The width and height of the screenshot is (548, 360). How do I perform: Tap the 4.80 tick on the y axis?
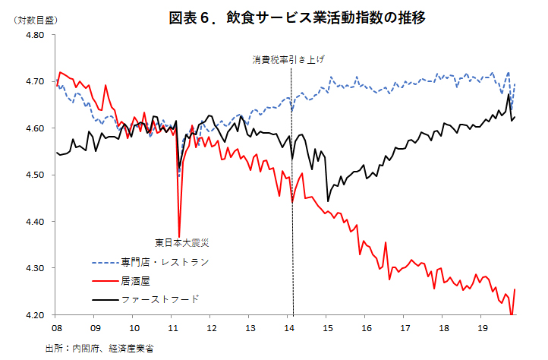point(36,35)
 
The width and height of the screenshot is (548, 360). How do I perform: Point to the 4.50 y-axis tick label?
point(36,175)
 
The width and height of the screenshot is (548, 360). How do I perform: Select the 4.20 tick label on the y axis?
point(36,315)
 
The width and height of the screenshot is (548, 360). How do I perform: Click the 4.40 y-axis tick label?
point(36,222)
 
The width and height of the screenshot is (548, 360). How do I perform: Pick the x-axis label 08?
point(56,329)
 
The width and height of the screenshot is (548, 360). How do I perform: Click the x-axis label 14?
point(290,329)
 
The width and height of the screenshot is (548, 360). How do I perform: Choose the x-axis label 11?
point(173,329)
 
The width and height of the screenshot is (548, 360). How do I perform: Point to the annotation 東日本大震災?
point(181,243)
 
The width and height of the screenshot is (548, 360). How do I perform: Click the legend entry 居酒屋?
point(136,280)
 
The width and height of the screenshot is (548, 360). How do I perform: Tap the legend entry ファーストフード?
point(159,299)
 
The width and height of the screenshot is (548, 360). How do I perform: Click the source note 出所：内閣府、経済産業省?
point(104,348)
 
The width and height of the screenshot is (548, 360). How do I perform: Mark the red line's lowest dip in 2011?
point(179,236)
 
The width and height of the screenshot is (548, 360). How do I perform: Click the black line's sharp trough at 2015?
point(328,201)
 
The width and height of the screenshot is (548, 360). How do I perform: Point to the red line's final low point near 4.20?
point(512,314)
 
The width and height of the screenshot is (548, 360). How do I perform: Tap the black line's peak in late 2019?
point(509,94)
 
